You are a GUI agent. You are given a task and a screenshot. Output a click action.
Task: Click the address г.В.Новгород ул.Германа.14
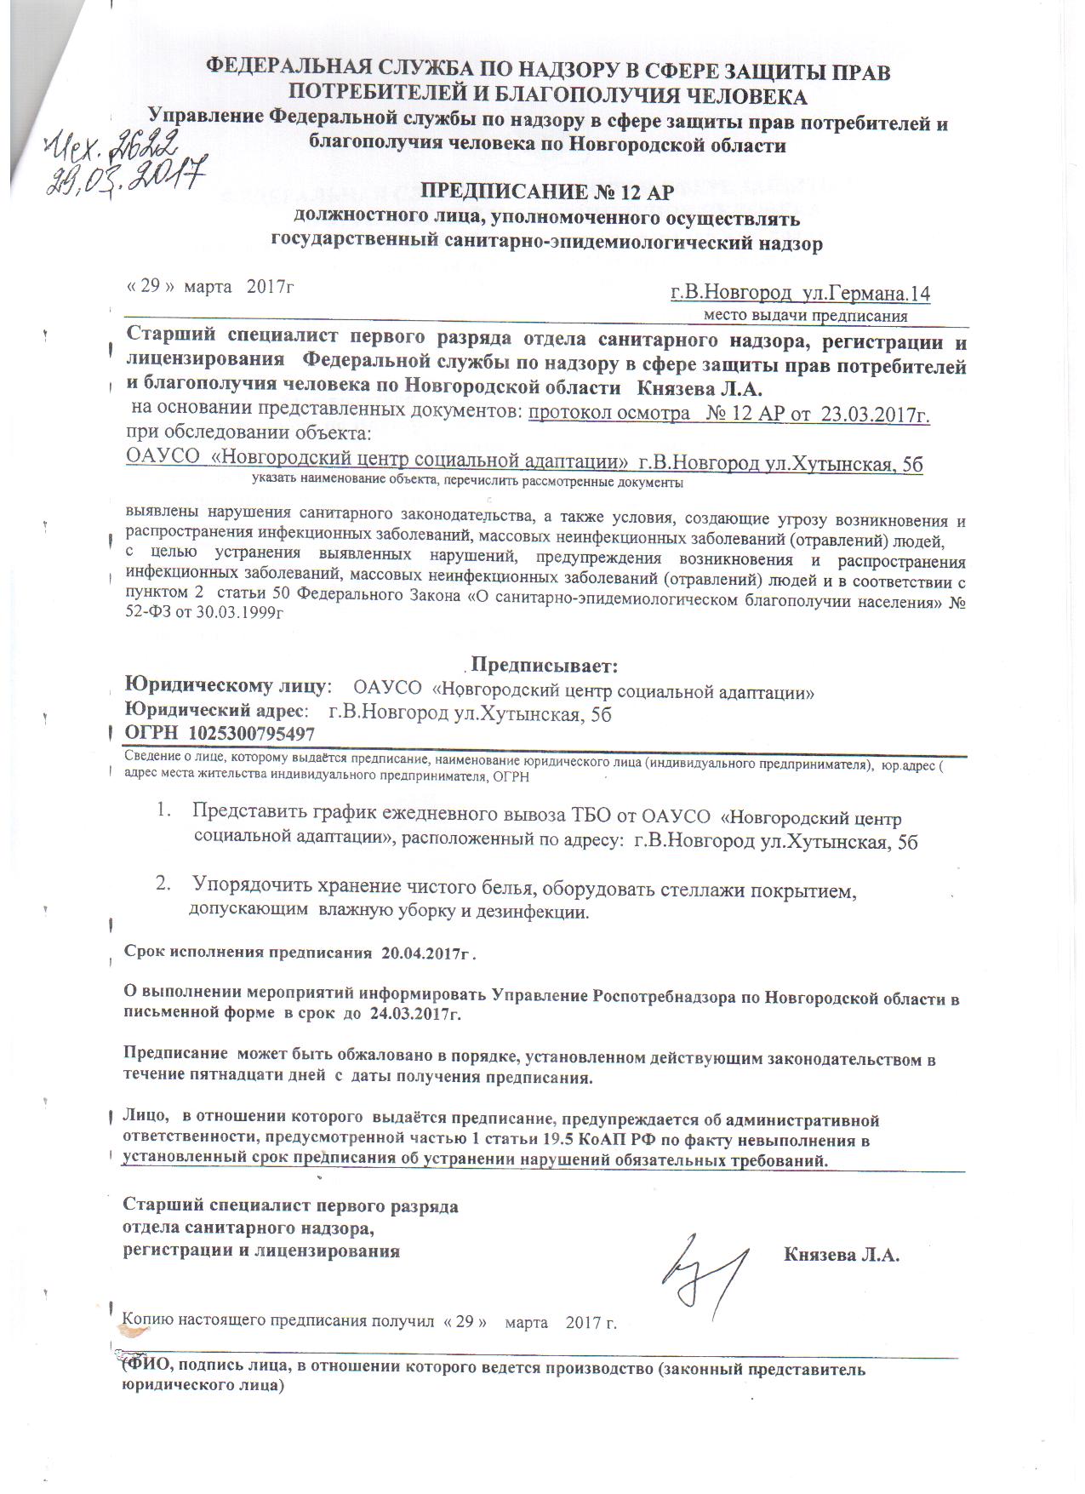[x=800, y=294]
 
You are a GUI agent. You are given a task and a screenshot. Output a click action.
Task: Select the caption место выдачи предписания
[x=805, y=316]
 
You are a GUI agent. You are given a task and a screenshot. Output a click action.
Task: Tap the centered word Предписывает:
[x=544, y=664]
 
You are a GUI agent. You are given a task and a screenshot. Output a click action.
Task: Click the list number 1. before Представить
[x=163, y=811]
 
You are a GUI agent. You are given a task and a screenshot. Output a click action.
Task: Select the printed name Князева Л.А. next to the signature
[x=841, y=1255]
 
